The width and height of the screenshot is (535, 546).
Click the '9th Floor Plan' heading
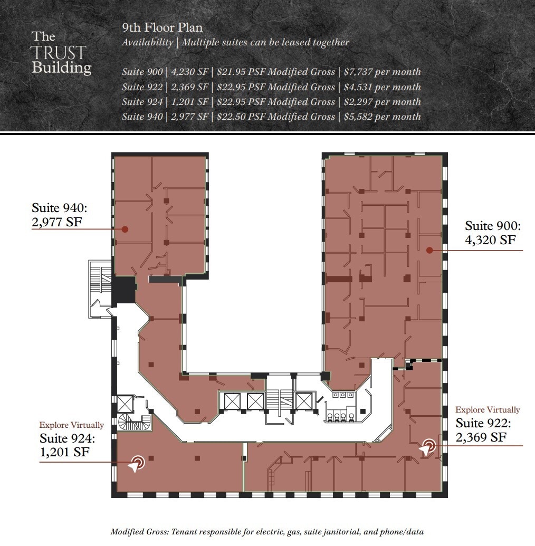pos(162,27)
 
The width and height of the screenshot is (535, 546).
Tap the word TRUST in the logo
pos(58,53)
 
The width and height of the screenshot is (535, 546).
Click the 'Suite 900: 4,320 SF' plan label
pos(492,233)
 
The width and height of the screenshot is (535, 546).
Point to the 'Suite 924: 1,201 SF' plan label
pos(67,445)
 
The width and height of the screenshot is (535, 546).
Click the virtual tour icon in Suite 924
pos(137,464)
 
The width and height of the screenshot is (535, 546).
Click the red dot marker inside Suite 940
pos(125,229)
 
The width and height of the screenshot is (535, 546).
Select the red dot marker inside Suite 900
pos(429,250)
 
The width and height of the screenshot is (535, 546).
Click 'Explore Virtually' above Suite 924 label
pos(72,425)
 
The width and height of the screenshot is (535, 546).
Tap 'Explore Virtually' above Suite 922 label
pos(488,410)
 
